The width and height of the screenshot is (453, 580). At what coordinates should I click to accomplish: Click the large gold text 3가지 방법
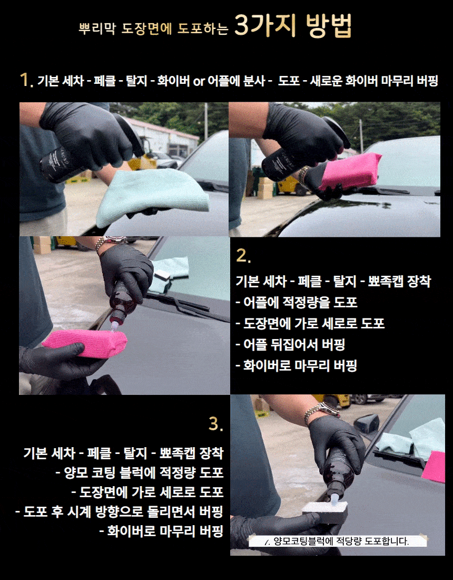click(293, 26)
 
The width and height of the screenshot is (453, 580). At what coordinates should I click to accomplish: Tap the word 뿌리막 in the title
click(96, 28)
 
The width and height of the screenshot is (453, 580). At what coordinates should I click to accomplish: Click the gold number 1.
click(26, 80)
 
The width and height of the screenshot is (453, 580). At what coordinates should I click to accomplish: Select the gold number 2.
click(243, 256)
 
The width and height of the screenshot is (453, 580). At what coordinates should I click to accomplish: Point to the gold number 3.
click(216, 424)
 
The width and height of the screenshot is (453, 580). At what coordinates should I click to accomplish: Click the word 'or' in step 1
click(199, 81)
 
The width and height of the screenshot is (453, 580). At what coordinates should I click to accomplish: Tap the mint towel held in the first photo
click(152, 195)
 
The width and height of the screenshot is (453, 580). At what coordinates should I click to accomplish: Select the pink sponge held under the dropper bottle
click(85, 343)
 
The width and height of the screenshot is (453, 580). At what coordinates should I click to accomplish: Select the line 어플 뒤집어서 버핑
click(290, 345)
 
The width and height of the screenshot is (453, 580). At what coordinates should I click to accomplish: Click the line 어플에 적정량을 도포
click(297, 303)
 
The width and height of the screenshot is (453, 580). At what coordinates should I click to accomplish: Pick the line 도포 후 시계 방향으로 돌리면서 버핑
click(120, 511)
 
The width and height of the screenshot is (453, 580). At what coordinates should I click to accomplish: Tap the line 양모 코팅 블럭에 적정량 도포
click(139, 473)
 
